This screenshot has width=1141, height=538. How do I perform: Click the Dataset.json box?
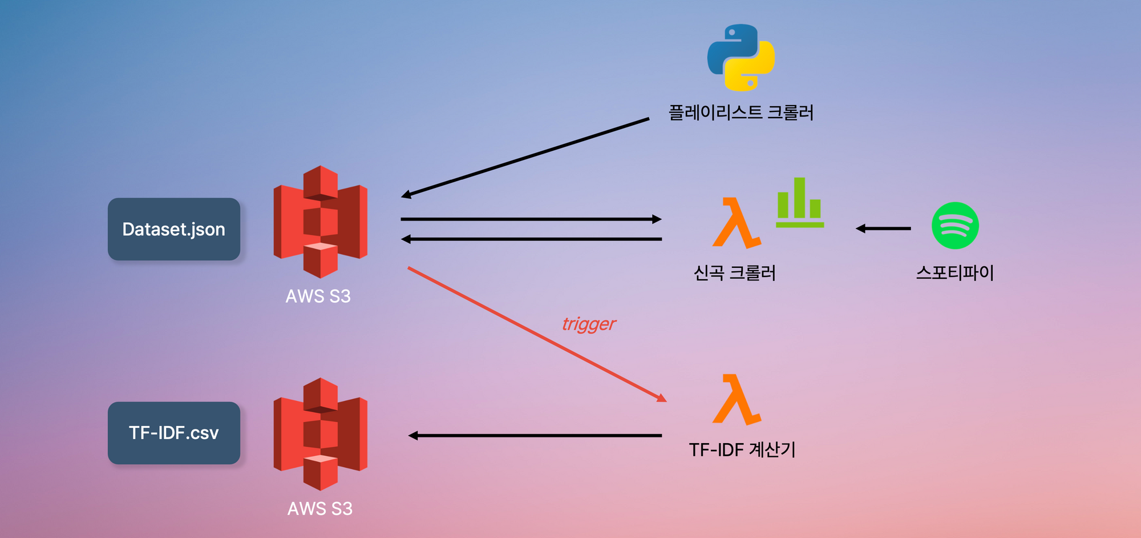[x=174, y=229]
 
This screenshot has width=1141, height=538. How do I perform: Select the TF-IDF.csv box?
[x=174, y=433]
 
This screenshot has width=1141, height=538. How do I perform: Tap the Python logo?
[x=741, y=57]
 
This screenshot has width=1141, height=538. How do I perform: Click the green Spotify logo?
[x=955, y=226]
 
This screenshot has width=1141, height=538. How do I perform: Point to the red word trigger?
[x=589, y=324]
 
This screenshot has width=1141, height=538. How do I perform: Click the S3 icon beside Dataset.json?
[x=320, y=222]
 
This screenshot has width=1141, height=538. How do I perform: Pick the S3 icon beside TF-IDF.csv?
[x=320, y=433]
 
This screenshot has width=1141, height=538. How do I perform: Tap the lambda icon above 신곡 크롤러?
[x=736, y=223]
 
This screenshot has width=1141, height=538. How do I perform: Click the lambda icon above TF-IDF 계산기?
[x=736, y=400]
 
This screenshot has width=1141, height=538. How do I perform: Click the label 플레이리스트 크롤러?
[x=741, y=113]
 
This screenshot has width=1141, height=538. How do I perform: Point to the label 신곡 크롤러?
[x=735, y=273]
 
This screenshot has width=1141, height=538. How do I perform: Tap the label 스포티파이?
[x=955, y=273]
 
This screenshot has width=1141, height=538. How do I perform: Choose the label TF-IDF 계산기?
[x=742, y=450]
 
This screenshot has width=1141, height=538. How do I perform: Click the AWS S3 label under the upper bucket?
[x=318, y=296]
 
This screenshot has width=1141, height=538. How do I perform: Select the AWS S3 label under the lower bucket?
[x=320, y=509]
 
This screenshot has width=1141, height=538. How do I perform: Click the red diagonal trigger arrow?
[x=536, y=334]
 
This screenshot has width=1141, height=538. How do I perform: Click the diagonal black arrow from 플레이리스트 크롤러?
[x=525, y=158]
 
